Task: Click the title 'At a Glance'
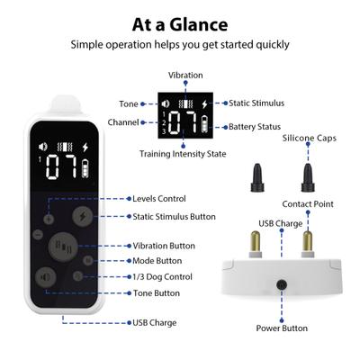coord(179,23)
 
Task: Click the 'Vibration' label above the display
coord(185,75)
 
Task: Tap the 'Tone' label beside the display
coord(129,104)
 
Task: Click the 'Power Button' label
coord(283,328)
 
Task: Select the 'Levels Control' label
coord(158,198)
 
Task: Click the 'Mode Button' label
coord(157,260)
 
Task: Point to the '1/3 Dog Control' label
coord(161,275)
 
